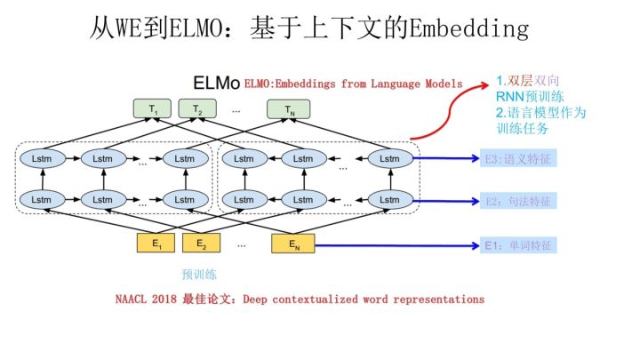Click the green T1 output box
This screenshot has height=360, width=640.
pos(154,109)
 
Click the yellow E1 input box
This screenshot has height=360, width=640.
pos(156,243)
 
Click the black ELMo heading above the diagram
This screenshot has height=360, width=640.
pos(216,83)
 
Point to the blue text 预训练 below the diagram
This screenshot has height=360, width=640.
pos(199,275)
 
